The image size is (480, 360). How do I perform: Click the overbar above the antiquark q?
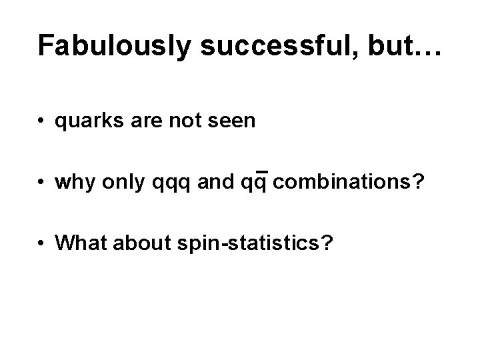pyautogui.click(x=261, y=171)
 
